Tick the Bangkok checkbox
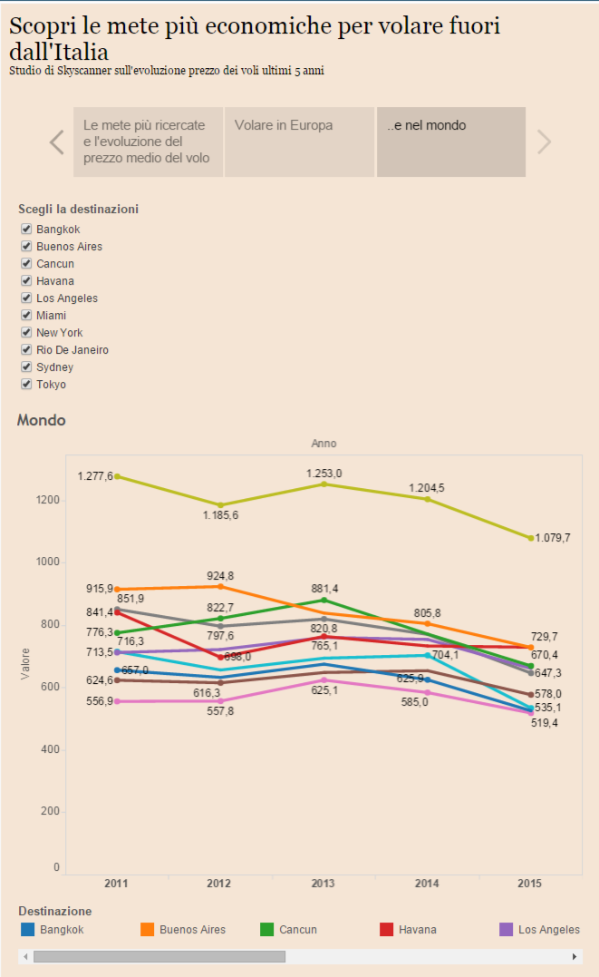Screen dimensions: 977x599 [x=26, y=230]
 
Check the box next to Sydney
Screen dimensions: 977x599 [x=26, y=367]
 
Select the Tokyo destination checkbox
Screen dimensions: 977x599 [x=26, y=385]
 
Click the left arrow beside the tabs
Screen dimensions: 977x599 [x=57, y=142]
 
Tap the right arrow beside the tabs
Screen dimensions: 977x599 [x=544, y=142]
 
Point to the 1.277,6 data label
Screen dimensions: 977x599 [x=95, y=476]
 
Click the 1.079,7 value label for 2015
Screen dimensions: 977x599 [x=553, y=538]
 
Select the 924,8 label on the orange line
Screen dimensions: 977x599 [x=220, y=576]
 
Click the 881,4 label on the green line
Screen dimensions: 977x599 [x=324, y=588]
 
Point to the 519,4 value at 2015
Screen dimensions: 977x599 [x=546, y=723]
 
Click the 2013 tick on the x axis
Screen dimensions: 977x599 [x=324, y=884]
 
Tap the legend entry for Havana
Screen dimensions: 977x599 [x=417, y=929]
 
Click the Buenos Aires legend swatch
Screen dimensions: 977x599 [x=147, y=929]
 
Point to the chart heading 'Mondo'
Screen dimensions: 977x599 [x=41, y=421]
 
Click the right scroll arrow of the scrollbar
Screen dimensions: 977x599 [x=574, y=956]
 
